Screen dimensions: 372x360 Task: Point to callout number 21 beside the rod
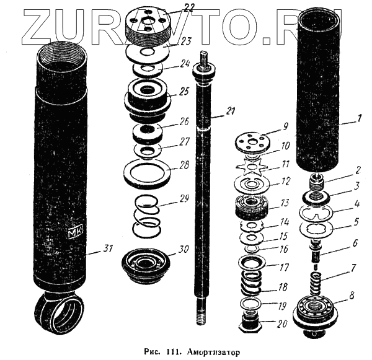pos(230,112)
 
